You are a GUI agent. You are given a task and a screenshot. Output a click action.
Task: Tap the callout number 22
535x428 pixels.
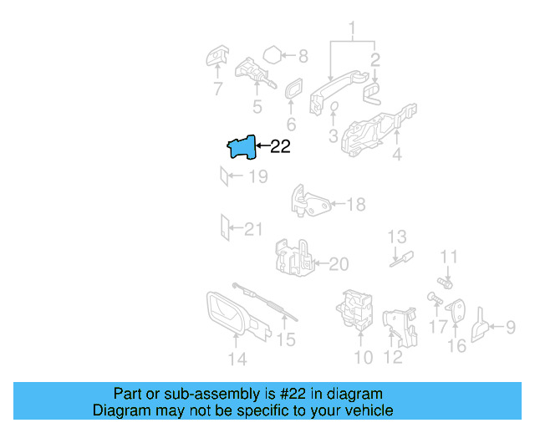(280, 147)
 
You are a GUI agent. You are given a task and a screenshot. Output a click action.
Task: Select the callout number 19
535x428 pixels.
(257, 176)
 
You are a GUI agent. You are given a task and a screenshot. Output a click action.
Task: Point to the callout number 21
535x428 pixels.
(252, 228)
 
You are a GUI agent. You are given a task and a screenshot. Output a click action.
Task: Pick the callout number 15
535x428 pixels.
(286, 339)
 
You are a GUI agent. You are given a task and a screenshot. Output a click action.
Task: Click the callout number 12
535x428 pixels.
(392, 358)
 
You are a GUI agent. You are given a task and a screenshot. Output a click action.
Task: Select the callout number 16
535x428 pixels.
(456, 345)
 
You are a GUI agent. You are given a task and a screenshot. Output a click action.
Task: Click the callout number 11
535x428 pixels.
(450, 257)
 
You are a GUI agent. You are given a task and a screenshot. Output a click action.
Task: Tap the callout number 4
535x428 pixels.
(397, 155)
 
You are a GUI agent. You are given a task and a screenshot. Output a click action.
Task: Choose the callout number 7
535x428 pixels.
(217, 89)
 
